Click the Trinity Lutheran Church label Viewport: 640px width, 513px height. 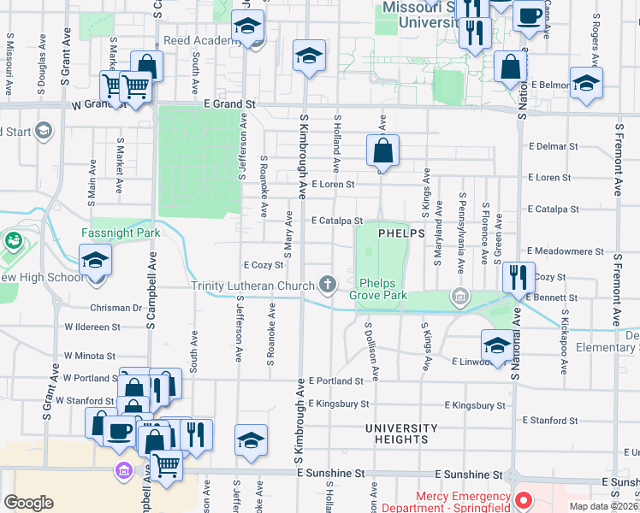[252, 286]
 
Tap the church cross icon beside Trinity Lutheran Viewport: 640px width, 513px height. [327, 284]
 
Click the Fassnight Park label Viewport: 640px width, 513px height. [121, 233]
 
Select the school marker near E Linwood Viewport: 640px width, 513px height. [496, 345]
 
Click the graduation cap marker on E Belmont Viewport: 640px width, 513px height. [586, 84]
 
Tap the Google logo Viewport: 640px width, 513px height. [28, 503]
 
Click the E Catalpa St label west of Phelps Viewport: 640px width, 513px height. [337, 221]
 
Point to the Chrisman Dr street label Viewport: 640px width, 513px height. [115, 307]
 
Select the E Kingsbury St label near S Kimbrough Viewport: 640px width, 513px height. [340, 404]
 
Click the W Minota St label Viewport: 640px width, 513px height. [89, 356]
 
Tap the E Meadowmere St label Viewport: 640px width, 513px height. [566, 252]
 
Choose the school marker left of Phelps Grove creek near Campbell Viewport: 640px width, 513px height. [96, 261]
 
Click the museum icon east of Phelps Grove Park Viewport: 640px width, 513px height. [460, 297]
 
